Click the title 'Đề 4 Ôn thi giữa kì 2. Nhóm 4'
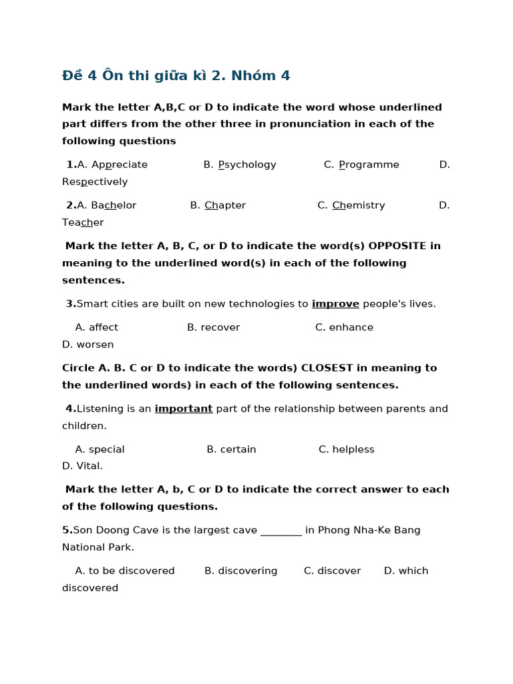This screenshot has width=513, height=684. point(176,75)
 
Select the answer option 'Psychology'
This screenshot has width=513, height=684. point(247,165)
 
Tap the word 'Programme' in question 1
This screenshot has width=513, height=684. point(369,165)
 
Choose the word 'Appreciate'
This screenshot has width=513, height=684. point(120,165)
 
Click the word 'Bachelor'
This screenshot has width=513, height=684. point(114,206)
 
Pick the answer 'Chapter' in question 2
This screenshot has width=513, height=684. point(225,206)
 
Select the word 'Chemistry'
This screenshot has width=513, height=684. point(359,206)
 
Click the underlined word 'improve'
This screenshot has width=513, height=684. point(335,304)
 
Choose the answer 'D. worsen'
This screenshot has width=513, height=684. point(88,345)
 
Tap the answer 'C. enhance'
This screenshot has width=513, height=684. point(344,327)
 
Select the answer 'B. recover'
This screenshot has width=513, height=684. point(213,327)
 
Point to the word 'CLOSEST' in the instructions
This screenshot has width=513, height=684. point(334,368)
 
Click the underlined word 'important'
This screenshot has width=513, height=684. point(184,409)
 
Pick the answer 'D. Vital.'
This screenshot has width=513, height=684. point(83,466)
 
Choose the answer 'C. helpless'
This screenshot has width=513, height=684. point(346,450)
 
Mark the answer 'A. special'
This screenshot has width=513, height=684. point(100,450)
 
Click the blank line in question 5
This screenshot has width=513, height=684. point(281,531)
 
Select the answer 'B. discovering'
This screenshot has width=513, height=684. point(240,571)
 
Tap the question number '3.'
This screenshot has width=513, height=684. point(71,304)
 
